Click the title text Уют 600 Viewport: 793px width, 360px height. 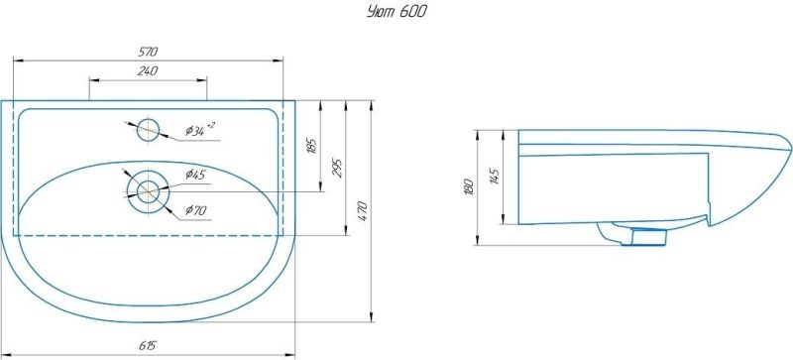click(396, 12)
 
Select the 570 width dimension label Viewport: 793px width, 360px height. click(148, 52)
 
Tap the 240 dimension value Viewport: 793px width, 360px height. click(148, 71)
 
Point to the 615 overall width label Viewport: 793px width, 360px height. click(148, 346)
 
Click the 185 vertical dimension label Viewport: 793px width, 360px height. click(311, 146)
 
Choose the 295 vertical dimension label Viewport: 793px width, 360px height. click(337, 169)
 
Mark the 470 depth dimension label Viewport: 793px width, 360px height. click(364, 210)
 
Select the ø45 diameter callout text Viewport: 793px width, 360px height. click(194, 176)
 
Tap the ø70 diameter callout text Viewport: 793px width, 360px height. click(195, 210)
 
